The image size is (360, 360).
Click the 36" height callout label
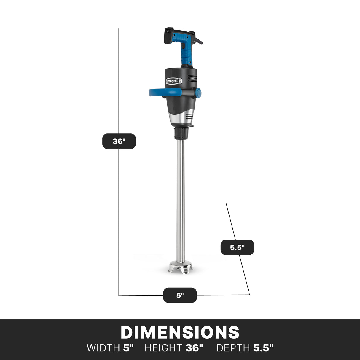(119, 141)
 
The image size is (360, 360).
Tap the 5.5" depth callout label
(237, 247)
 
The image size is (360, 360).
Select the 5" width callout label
(180, 295)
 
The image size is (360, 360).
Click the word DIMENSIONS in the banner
(180, 332)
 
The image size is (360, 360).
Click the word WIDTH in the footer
(103, 348)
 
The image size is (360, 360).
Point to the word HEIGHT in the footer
(163, 348)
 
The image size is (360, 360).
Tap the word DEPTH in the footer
(233, 348)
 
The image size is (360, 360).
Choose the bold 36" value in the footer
(195, 348)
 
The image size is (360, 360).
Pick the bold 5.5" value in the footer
(263, 348)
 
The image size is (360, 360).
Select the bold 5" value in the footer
(128, 348)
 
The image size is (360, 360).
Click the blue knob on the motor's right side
(198, 93)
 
